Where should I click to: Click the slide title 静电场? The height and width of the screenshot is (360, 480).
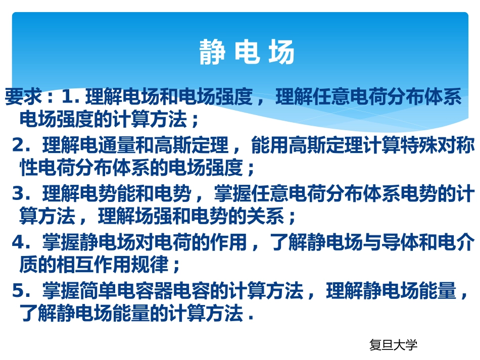tap(247, 53)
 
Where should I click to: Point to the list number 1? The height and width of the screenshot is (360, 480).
tap(68, 96)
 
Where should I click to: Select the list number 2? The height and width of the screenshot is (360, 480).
tap(19, 145)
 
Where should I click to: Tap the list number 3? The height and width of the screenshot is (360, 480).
tap(19, 193)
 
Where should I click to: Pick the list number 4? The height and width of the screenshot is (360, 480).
tap(19, 242)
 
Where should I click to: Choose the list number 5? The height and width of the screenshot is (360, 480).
tap(19, 290)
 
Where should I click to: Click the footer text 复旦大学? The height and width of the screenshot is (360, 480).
tap(394, 345)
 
